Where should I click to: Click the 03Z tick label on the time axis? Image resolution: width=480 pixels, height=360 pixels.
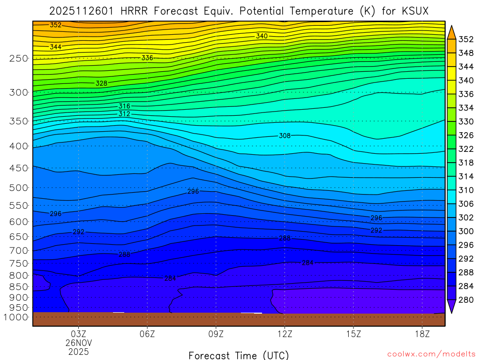(x=78, y=334)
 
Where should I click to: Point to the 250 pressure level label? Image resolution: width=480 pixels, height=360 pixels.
(x=18, y=59)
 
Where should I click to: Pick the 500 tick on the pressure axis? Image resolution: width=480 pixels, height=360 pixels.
(x=18, y=188)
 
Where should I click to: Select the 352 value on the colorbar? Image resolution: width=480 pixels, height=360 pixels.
(x=465, y=39)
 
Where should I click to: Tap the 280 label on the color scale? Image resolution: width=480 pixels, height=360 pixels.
(x=465, y=300)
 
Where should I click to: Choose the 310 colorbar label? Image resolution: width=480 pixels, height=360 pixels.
(x=465, y=190)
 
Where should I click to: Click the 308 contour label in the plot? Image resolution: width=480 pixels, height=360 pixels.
(x=285, y=136)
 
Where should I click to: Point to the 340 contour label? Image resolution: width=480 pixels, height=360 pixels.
(x=262, y=36)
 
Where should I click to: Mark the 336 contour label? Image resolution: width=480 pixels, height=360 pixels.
(x=147, y=58)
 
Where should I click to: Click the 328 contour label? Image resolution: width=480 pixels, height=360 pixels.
(x=101, y=83)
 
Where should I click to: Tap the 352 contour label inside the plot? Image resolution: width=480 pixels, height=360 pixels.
(x=55, y=25)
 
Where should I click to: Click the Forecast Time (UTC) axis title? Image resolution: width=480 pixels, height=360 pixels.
(x=239, y=355)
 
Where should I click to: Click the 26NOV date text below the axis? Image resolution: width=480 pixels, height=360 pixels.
(x=78, y=343)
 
